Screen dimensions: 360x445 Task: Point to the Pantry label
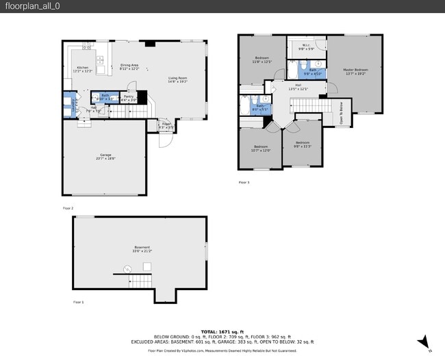tap(128, 97)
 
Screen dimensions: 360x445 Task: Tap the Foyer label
tap(166, 125)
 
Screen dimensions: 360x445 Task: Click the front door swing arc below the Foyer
tap(165, 141)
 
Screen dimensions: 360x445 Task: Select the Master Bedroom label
tap(353, 70)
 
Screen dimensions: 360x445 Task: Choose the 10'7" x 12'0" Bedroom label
tap(261, 148)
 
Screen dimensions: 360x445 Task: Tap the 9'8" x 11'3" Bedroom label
tap(302, 144)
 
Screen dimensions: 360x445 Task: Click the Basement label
tap(142, 248)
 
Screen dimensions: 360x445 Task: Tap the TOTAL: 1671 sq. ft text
tap(222, 331)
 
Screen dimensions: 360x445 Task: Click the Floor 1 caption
tap(78, 302)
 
